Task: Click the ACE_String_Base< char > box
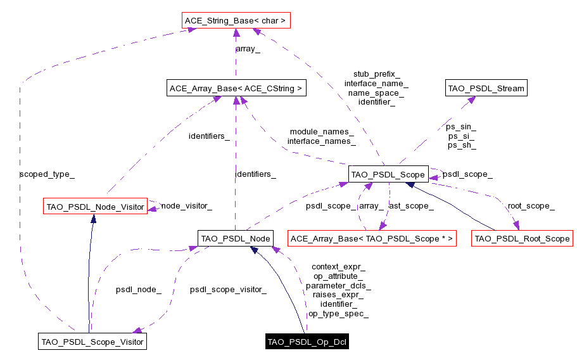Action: pyautogui.click(x=236, y=21)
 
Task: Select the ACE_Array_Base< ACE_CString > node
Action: pyautogui.click(x=236, y=89)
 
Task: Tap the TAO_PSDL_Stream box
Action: pyautogui.click(x=486, y=88)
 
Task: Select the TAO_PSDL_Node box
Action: pyautogui.click(x=236, y=238)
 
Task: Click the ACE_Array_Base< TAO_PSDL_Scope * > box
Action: pyautogui.click(x=372, y=239)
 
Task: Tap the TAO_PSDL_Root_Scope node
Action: pyautogui.click(x=522, y=239)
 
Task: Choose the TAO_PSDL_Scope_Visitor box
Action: pyautogui.click(x=92, y=342)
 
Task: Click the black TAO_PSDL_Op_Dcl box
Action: pyautogui.click(x=307, y=342)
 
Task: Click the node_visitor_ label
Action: pyautogui.click(x=186, y=206)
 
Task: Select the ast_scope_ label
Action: pyautogui.click(x=411, y=206)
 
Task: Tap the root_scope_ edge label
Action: pyautogui.click(x=531, y=206)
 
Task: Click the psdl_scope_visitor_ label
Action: pyautogui.click(x=228, y=290)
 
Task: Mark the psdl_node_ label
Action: pyautogui.click(x=138, y=290)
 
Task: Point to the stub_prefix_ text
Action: pyautogui.click(x=376, y=74)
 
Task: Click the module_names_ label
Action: pyautogui.click(x=322, y=132)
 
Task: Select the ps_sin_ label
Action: pyautogui.click(x=462, y=127)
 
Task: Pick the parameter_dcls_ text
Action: pyautogui.click(x=338, y=286)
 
